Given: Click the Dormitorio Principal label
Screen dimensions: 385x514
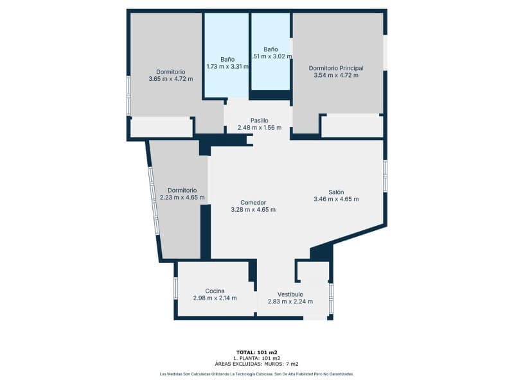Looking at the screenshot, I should [336, 68].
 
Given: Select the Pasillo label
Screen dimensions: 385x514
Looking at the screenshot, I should [259, 120].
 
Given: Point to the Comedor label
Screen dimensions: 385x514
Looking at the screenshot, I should [253, 202].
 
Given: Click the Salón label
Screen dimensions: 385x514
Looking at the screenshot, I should [336, 192].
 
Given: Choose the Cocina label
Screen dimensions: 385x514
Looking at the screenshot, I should [215, 291].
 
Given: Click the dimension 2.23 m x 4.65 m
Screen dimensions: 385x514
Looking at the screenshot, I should [182, 198].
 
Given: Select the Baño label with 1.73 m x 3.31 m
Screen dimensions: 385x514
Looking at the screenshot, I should [227, 59].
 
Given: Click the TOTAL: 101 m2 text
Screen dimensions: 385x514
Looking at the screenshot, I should [256, 352].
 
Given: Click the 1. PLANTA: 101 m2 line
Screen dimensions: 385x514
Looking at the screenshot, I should [256, 357].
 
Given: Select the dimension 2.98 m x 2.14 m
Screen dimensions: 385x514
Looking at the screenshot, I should [215, 298].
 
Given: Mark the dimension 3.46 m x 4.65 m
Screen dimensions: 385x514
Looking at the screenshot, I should [336, 199].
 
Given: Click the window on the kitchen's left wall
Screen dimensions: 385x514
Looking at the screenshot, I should [175, 288].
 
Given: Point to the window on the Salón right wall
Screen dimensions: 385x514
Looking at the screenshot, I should [385, 176].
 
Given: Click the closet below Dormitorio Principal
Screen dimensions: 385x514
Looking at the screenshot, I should [351, 126].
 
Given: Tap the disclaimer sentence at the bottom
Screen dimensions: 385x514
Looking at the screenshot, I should [256, 373].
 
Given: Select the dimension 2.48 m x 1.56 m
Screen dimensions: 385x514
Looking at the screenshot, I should [259, 127].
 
